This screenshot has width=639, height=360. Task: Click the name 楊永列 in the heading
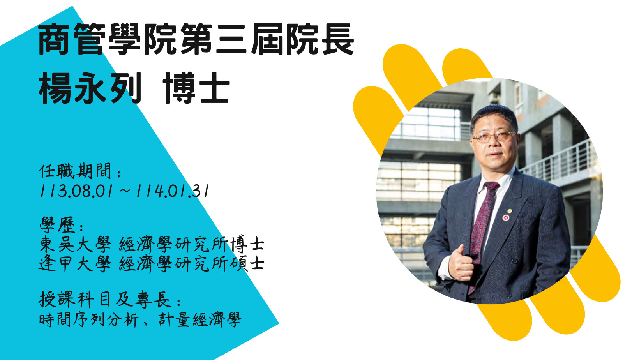point(90,88)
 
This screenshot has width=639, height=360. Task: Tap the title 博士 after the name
point(196,88)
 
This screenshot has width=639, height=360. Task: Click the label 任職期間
point(75,171)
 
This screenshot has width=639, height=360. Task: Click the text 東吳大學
point(75,244)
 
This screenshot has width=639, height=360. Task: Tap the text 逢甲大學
point(75,264)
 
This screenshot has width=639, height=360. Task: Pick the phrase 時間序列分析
point(89,320)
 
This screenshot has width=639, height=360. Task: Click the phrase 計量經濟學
point(200,320)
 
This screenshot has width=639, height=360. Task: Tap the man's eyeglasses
point(494,137)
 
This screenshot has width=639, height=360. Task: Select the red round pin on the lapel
point(506,218)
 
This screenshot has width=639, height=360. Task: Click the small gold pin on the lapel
point(509,212)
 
